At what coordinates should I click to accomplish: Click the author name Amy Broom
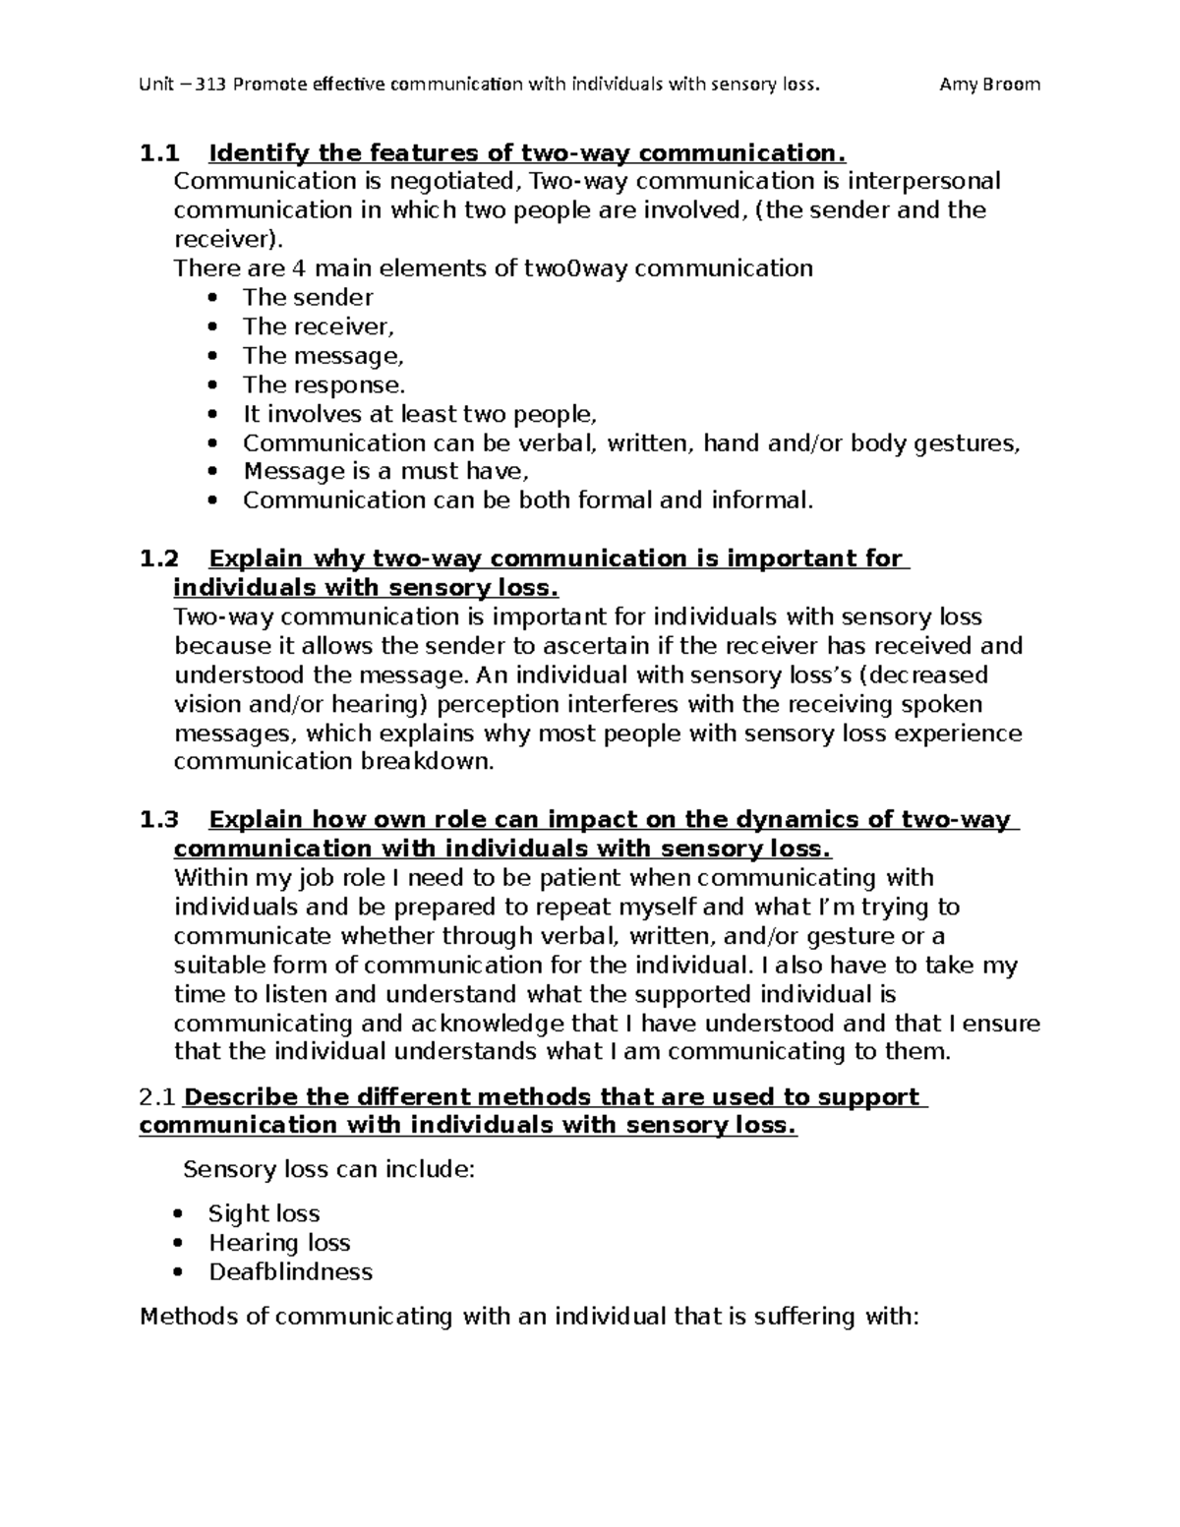pos(989,84)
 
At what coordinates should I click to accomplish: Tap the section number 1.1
pos(160,153)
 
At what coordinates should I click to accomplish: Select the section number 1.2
pos(160,558)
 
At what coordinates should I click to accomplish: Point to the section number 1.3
pos(160,819)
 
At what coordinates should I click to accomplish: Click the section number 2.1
pos(159,1096)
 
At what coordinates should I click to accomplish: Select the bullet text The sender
pos(308,297)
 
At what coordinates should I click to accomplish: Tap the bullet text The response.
pos(324,384)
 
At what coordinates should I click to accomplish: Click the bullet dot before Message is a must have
pos(215,472)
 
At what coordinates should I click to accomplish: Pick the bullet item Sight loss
pos(264,1213)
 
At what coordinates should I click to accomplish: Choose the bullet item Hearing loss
pos(279,1243)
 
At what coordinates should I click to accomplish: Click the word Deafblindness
pos(290,1271)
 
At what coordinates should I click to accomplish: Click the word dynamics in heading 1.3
pos(794,819)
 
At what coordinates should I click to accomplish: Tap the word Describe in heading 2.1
pos(241,1096)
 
